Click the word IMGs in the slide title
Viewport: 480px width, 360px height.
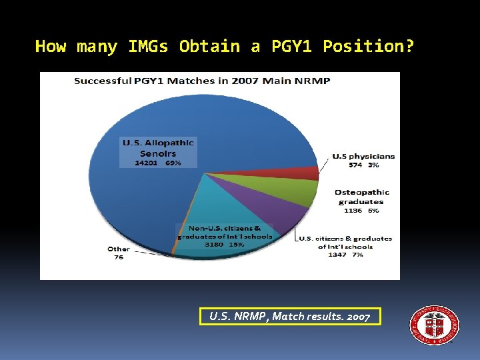point(150,47)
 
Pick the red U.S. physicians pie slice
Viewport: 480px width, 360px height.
point(303,173)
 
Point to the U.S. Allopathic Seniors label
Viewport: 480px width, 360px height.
point(158,147)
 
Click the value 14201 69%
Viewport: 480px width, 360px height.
point(158,161)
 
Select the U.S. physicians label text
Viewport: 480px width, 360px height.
point(363,156)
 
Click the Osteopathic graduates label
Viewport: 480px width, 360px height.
point(361,197)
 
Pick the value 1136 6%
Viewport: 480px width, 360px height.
point(361,210)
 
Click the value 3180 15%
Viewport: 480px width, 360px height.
point(224,244)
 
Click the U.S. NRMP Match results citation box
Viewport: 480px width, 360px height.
point(290,316)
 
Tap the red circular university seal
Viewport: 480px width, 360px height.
point(434,325)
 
